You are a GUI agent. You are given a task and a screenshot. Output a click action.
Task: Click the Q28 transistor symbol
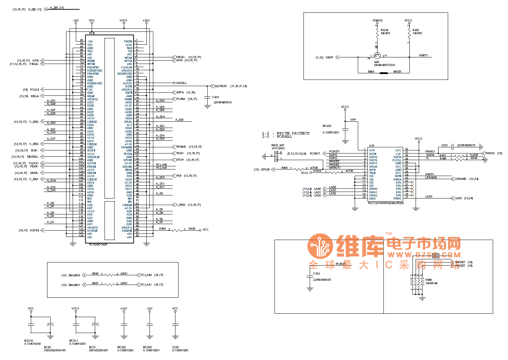pos(377,56)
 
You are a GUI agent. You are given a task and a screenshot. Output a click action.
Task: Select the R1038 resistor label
pos(384,30)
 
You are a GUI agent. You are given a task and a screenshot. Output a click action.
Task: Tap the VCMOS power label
pos(378,20)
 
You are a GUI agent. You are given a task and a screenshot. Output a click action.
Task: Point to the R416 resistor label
pos(416,30)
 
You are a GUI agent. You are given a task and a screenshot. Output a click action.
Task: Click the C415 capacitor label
pos(215,97)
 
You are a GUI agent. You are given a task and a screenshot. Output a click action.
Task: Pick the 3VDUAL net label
pos(181,83)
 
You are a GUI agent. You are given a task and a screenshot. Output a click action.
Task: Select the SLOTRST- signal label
pos(221,86)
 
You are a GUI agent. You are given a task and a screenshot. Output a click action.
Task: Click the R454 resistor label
pos(162,229)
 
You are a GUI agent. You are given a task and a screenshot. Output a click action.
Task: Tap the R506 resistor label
pos(95,274)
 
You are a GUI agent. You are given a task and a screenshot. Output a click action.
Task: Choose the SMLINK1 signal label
pos(74,285)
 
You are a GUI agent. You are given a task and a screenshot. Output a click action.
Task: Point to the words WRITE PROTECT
pos(293,133)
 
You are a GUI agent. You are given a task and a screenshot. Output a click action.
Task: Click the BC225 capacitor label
pos(327,126)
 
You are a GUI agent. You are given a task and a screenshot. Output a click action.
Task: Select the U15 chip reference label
pos(372,146)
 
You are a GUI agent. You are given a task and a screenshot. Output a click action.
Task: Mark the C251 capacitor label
pos(445,145)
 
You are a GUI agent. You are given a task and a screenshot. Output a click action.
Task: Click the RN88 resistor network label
pos(429,280)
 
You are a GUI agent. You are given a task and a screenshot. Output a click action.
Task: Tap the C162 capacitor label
pos(316,274)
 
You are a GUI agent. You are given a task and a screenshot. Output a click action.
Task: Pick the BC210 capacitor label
pos(29,341)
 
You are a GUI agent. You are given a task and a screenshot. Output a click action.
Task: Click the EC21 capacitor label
pos(92,347)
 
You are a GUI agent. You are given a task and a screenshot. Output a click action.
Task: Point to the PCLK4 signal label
pos(35,90)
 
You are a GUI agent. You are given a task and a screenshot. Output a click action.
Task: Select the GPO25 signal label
pos(265,169)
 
